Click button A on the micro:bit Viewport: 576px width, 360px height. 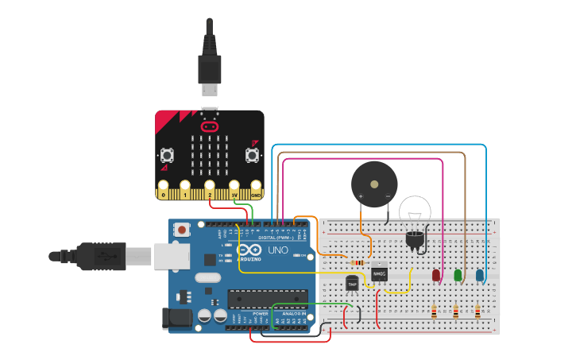tap(168, 154)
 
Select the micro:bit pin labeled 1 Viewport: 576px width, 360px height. tap(186, 192)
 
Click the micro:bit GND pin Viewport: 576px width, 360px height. tap(256, 192)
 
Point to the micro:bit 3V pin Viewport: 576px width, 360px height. tap(234, 192)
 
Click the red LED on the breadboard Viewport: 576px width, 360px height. tap(435, 276)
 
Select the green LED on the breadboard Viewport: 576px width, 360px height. tap(458, 276)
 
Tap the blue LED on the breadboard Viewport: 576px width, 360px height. tap(480, 275)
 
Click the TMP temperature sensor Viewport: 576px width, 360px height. tap(353, 282)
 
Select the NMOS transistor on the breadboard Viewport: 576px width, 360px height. tap(380, 273)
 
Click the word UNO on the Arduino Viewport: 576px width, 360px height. tap(278, 250)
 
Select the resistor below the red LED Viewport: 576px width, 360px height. tap(434, 312)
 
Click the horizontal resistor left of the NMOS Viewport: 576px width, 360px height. tap(358, 263)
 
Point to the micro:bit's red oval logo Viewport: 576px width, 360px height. tap(210, 126)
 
